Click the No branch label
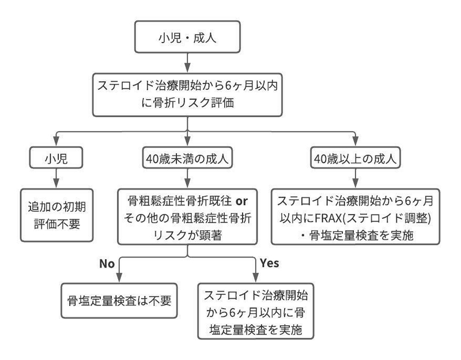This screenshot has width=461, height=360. point(108,263)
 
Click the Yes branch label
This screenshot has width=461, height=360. point(269,263)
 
